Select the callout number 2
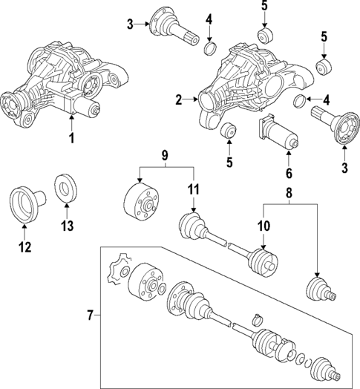(x=178, y=99)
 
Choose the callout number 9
(x=165, y=155)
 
